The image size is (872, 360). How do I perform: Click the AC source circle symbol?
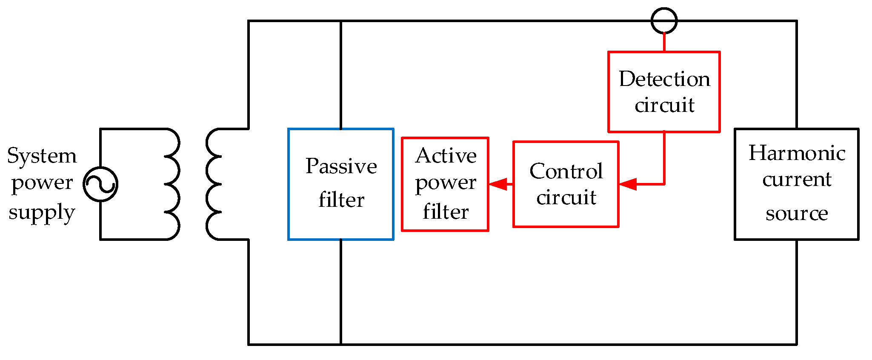(x=100, y=184)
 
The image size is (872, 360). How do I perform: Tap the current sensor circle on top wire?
(x=664, y=20)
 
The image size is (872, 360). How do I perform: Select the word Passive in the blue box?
(x=341, y=166)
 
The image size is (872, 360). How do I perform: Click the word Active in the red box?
(x=446, y=156)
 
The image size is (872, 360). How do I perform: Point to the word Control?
(x=566, y=171)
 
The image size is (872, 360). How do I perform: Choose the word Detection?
(x=664, y=79)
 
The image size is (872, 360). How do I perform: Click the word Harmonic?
(x=797, y=153)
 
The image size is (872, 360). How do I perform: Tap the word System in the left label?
(x=42, y=156)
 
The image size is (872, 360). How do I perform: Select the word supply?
(x=42, y=212)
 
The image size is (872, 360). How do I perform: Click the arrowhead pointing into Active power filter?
(x=498, y=184)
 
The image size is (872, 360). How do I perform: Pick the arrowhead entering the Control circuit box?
(x=628, y=184)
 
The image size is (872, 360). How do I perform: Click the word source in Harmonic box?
(x=797, y=213)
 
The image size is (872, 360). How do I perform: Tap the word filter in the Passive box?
(x=341, y=200)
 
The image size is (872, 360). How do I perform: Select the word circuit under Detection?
(x=664, y=105)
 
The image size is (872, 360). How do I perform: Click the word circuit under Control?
(x=566, y=197)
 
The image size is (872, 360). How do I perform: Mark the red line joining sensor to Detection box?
(x=664, y=43)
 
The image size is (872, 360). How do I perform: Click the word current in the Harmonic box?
(x=797, y=180)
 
